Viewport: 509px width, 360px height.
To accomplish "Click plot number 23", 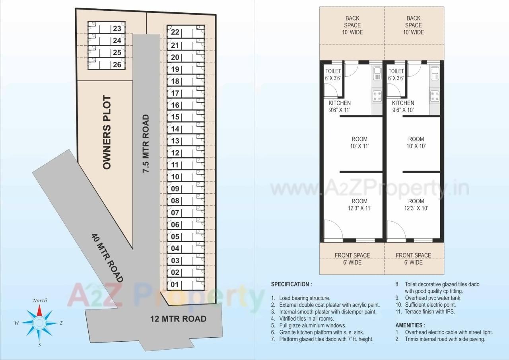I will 117,29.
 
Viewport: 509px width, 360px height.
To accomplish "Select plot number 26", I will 117,64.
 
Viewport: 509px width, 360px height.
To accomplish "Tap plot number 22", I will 175,33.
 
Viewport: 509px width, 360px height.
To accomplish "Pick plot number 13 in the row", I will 175,141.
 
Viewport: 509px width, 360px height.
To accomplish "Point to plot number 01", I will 175,285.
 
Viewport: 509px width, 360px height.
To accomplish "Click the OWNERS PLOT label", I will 107,132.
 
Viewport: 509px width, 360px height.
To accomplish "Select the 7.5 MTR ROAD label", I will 146,143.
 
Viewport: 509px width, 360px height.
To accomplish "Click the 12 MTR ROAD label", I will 178,319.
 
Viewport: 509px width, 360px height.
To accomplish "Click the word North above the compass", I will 39,300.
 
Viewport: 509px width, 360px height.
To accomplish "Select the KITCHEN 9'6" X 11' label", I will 339,107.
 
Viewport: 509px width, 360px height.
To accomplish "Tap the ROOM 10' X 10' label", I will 416,142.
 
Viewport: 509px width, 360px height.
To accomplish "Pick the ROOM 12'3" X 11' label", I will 359,204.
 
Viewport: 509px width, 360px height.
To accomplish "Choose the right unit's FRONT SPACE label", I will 414,259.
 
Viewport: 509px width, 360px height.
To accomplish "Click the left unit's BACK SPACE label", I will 352,25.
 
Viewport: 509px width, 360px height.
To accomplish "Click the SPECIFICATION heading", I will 291,284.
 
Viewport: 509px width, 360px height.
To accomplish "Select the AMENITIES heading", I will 410,325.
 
